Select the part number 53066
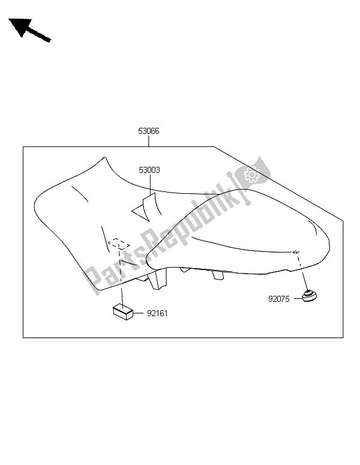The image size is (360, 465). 148,130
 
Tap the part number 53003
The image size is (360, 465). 150,170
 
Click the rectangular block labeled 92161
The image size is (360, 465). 123,311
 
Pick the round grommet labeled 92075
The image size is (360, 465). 310,296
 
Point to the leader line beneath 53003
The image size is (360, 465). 150,183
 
